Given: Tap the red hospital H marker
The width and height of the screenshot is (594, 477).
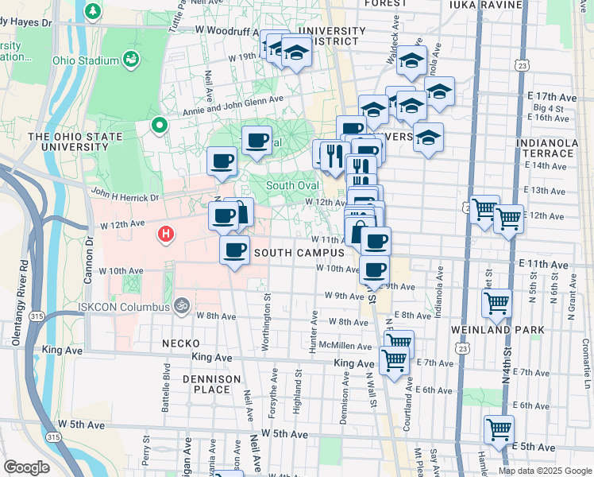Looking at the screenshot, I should [x=166, y=234].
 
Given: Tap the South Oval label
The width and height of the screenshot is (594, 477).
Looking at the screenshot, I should [x=292, y=186].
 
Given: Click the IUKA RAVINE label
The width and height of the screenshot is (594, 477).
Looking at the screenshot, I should [x=485, y=5].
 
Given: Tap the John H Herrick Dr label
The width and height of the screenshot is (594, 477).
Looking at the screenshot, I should [x=125, y=194].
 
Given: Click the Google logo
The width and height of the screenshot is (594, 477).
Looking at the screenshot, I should [x=27, y=467].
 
